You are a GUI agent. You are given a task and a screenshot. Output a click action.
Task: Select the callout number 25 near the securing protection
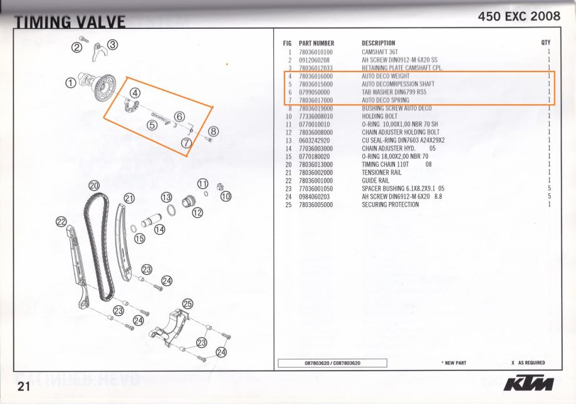click(x=187, y=303)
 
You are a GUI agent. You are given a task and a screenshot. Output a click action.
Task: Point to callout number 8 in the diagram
click(x=213, y=131)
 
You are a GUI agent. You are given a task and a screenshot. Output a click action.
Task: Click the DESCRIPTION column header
click(x=378, y=43)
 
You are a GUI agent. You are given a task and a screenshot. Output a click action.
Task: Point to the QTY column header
click(x=545, y=43)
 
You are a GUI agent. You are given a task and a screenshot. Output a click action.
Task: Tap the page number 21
click(x=24, y=386)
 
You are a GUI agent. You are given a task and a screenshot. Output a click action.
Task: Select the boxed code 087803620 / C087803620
click(x=332, y=363)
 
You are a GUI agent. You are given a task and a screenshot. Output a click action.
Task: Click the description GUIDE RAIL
click(x=375, y=181)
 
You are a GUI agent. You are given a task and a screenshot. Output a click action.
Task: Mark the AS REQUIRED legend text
click(x=531, y=363)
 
